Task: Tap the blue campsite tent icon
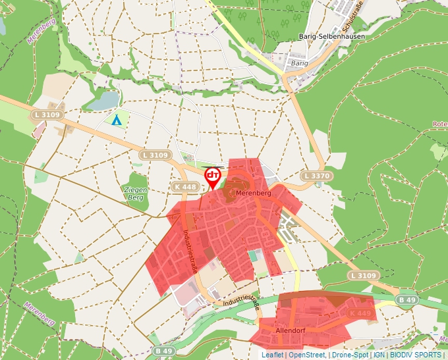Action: [x=117, y=120]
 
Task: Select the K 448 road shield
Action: [x=186, y=187]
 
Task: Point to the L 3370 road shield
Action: [x=314, y=176]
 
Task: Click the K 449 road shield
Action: [x=360, y=313]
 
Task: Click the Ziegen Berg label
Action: [x=136, y=193]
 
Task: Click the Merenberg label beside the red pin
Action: [x=254, y=193]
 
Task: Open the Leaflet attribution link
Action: [x=272, y=355]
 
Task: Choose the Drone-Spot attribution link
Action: [x=350, y=355]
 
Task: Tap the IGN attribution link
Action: [x=379, y=355]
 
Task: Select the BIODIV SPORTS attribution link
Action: [x=415, y=355]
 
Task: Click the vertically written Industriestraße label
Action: [x=190, y=252]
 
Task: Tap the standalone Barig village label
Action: [x=299, y=63]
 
